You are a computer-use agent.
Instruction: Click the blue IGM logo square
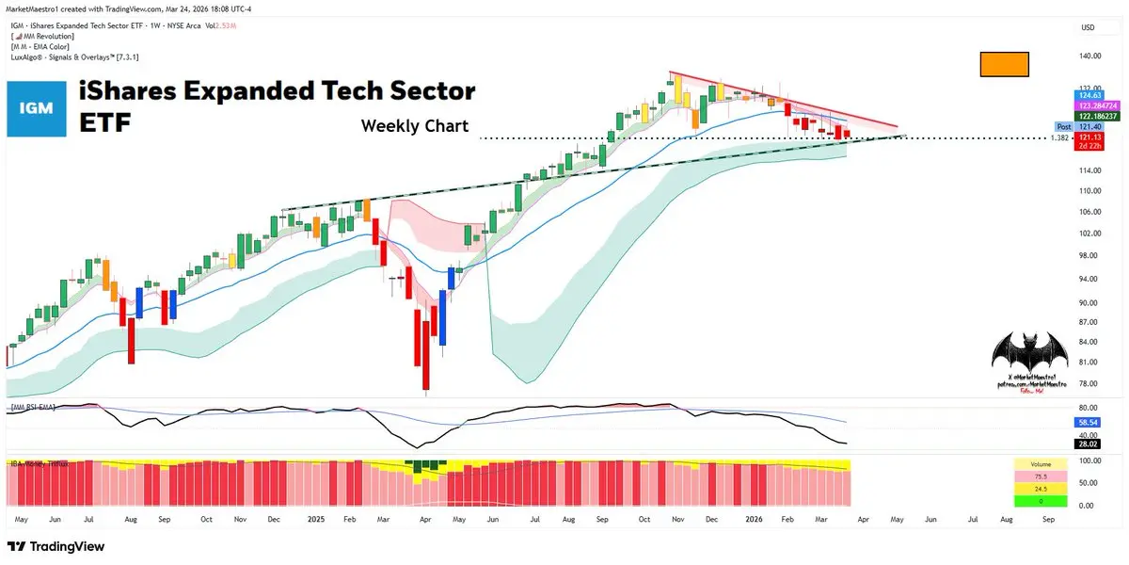pyautogui.click(x=37, y=109)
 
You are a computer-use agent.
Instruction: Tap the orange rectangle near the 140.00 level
pyautogui.click(x=1004, y=64)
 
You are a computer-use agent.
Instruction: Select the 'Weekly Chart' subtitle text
pyautogui.click(x=414, y=126)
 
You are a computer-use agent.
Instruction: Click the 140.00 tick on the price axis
pyautogui.click(x=1089, y=56)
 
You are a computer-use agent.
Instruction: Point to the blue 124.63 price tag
pyautogui.click(x=1089, y=95)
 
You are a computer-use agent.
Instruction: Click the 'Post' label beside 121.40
pyautogui.click(x=1064, y=126)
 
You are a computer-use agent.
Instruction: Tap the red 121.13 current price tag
pyautogui.click(x=1089, y=137)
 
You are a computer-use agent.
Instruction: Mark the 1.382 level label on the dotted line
pyautogui.click(x=1060, y=137)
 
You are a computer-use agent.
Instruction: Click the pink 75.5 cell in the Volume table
pyautogui.click(x=1040, y=476)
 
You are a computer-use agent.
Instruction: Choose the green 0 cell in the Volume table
pyautogui.click(x=1040, y=501)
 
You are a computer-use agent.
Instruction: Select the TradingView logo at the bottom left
pyautogui.click(x=56, y=546)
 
